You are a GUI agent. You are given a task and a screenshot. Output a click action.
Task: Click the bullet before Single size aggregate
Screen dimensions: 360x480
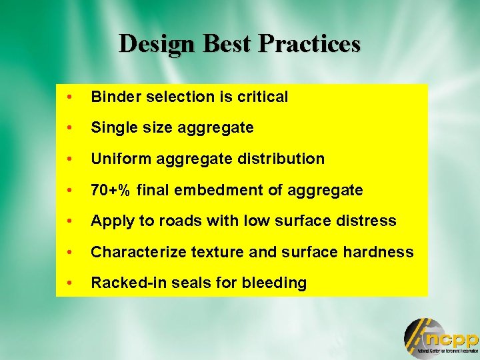click(x=69, y=127)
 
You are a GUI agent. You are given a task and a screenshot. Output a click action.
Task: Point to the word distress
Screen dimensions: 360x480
click(x=369, y=221)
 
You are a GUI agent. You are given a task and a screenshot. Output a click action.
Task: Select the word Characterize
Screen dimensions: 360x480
click(x=133, y=252)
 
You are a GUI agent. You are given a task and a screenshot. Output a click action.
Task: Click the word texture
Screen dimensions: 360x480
click(x=204, y=252)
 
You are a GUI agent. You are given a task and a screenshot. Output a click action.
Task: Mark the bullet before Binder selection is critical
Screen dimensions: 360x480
click(x=69, y=97)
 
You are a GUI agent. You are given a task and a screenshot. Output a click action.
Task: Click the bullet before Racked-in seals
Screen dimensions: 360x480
click(x=69, y=283)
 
